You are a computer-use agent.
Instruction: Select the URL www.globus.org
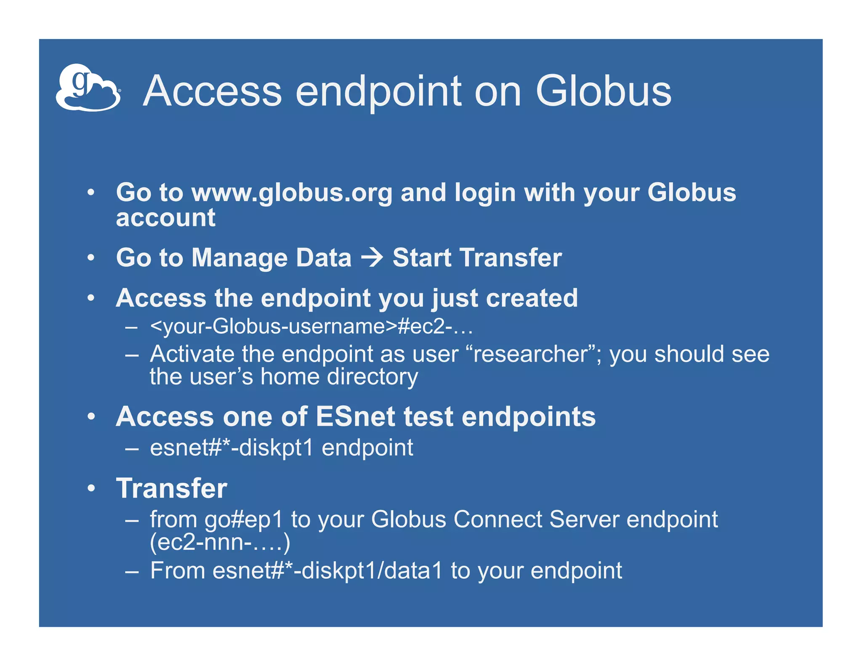[x=291, y=193]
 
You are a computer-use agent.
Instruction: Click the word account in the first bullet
[x=165, y=218]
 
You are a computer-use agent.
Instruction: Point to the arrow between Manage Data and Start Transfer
[x=372, y=258]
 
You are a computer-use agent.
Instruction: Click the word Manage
[x=240, y=258]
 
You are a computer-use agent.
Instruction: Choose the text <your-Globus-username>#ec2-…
[x=311, y=326]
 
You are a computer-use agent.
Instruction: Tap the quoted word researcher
[x=530, y=354]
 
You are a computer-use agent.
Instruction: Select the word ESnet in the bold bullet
[x=355, y=417]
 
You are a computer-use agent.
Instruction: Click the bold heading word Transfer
[x=171, y=488]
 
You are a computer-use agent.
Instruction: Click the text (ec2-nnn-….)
[x=220, y=542]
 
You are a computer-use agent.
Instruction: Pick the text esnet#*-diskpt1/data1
[x=327, y=571]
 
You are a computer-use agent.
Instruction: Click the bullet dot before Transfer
[x=91, y=488]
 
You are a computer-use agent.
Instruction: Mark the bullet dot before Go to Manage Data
[x=91, y=258]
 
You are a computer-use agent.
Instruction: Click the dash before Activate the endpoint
[x=132, y=354]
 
